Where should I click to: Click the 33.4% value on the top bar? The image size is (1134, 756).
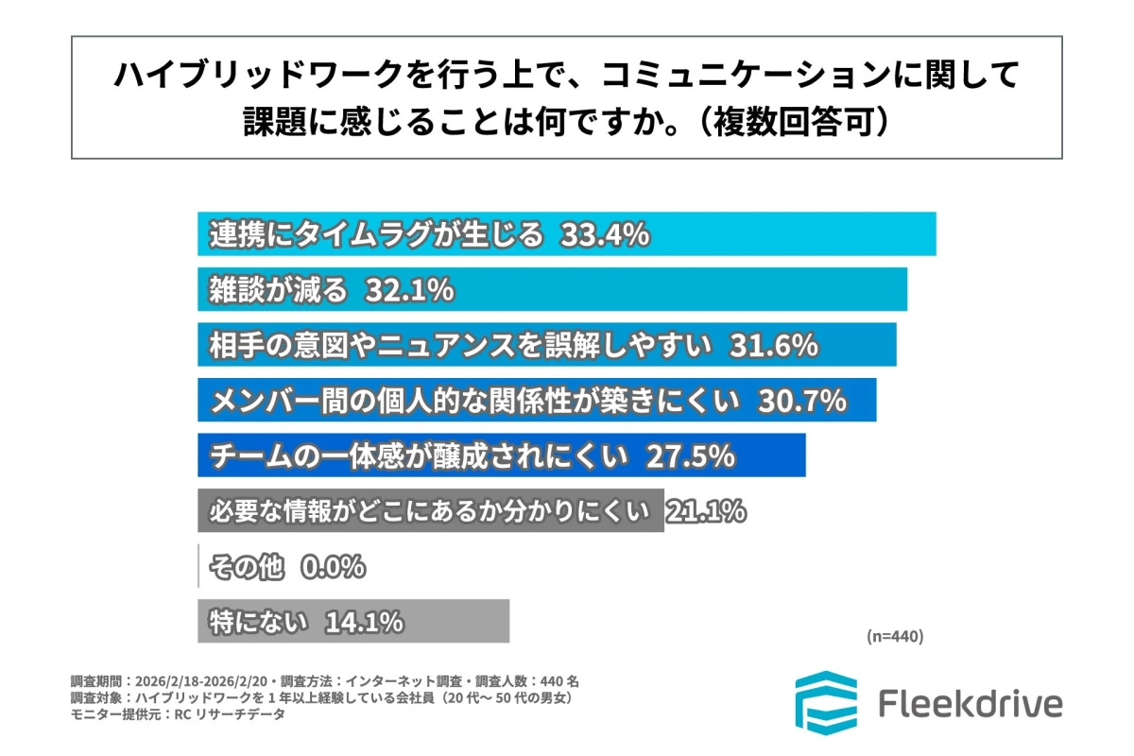tap(605, 234)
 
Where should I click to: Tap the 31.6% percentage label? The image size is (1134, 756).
tap(772, 346)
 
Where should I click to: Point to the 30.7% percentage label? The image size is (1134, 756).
tap(800, 401)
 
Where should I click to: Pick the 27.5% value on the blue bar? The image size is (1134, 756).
tap(690, 456)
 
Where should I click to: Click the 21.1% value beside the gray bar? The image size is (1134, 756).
tap(706, 511)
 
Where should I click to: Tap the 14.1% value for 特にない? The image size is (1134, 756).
tap(365, 622)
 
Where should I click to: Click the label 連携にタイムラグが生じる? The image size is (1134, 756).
tap(376, 234)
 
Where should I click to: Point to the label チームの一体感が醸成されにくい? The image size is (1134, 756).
tap(419, 456)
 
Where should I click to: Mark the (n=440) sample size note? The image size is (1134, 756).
tap(894, 636)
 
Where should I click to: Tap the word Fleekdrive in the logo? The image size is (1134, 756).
tap(970, 704)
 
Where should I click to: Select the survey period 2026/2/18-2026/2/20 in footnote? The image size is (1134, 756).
tap(200, 680)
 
